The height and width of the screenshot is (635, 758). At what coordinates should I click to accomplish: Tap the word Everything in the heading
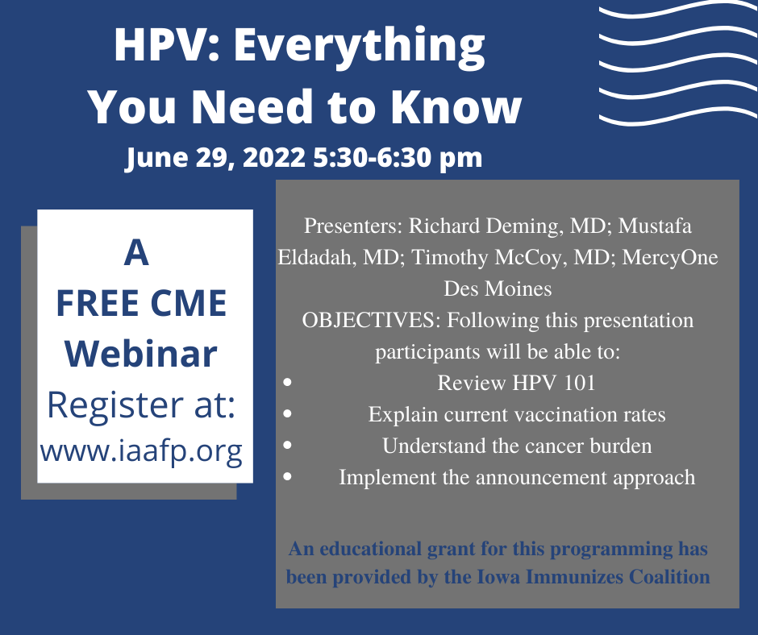coord(359,48)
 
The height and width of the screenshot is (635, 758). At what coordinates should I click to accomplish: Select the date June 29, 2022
coord(216,158)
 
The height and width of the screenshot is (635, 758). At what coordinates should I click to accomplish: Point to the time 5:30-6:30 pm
coord(398,158)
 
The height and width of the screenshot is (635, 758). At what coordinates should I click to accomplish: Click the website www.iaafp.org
coord(141,452)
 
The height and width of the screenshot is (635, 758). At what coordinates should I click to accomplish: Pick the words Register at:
coord(141,405)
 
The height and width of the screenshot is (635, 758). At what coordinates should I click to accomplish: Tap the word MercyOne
coord(670,258)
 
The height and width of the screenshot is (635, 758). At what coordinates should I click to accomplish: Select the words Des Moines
coord(498,288)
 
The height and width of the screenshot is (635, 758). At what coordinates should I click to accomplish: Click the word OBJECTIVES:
coord(371,320)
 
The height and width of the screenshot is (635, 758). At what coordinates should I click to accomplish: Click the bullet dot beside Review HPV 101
coord(288,382)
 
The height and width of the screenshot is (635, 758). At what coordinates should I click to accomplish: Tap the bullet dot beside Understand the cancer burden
coord(288,445)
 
